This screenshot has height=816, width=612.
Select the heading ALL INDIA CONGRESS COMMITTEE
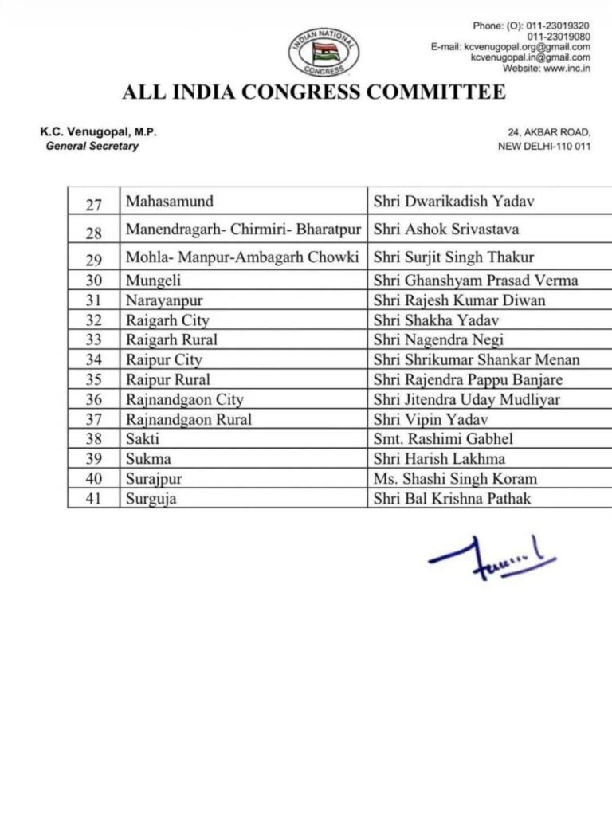pos(313,92)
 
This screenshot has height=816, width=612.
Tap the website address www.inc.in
pos(546,68)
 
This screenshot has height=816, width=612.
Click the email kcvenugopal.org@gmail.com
pos(520,47)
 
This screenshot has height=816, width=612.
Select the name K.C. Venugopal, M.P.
pos(98,132)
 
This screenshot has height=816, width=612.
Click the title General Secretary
pos(92,147)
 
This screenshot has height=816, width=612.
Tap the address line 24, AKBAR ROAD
pos(549,132)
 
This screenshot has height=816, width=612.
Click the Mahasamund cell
pos(169,202)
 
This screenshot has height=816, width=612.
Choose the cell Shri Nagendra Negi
pos(437,340)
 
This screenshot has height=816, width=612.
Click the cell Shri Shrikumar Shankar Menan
pos(476,360)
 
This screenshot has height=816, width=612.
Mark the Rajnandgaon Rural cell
pos(189,420)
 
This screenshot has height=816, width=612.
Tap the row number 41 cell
pos(93,500)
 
